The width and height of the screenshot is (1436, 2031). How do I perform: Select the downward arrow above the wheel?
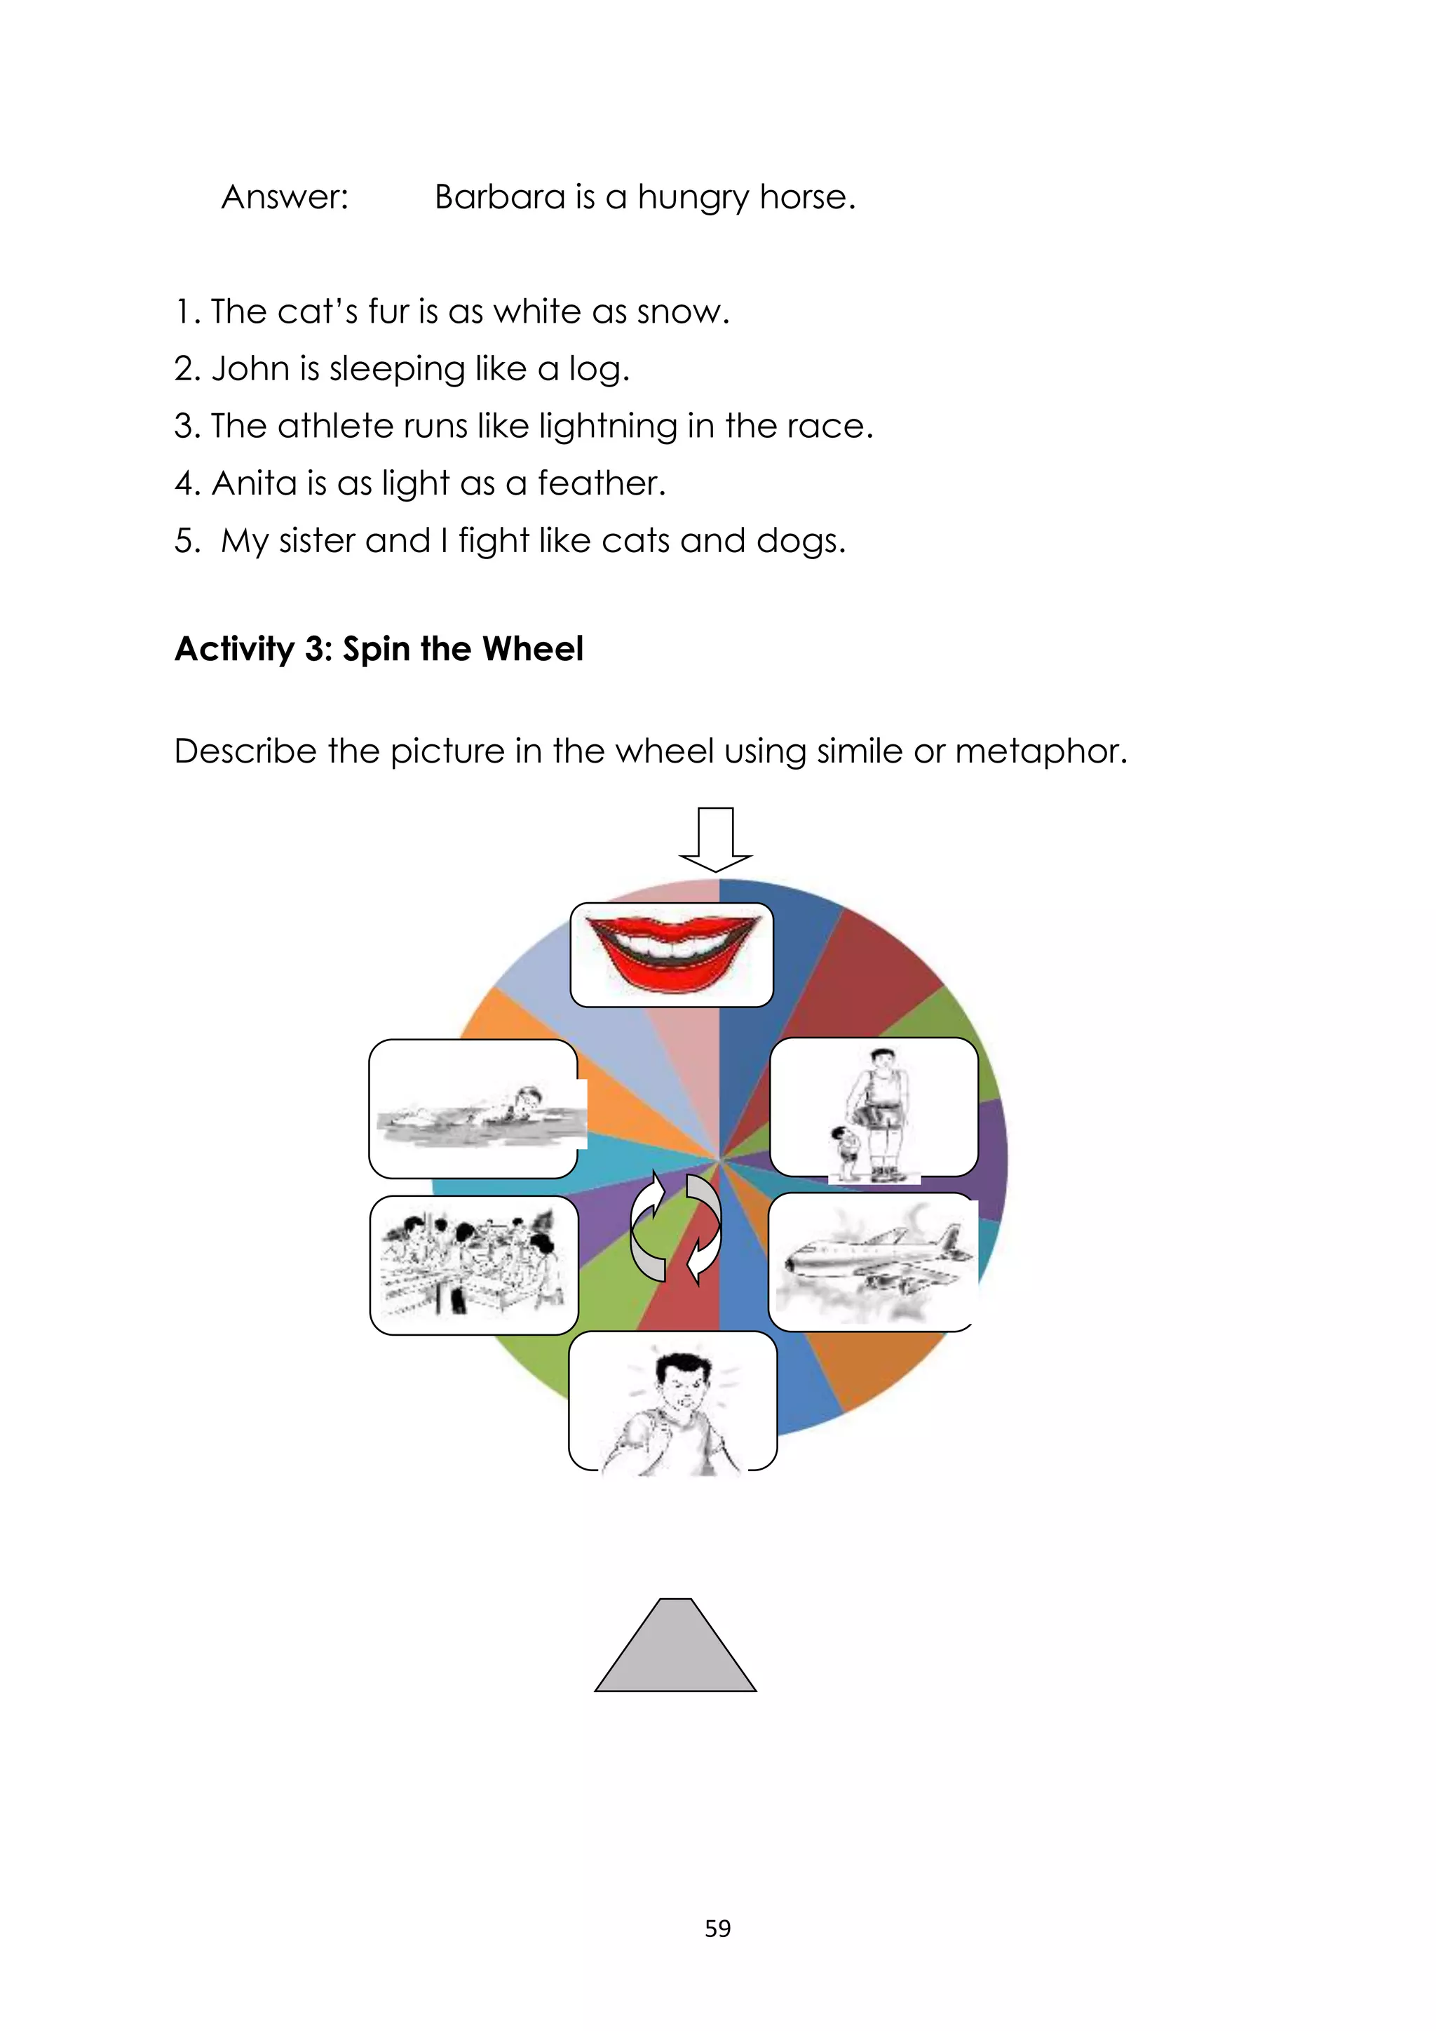click(x=715, y=838)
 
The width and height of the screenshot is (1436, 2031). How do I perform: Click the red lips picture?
click(x=672, y=954)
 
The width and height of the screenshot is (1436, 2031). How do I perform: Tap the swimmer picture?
click(x=474, y=1108)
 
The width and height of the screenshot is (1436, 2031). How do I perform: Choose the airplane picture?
click(x=873, y=1261)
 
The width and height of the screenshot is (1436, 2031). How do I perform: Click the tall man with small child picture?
click(x=874, y=1108)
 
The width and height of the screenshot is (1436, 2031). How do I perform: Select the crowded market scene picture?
click(x=474, y=1265)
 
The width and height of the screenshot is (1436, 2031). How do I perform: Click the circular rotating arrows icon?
click(x=675, y=1228)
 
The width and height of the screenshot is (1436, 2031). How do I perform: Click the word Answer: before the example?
click(x=285, y=197)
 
